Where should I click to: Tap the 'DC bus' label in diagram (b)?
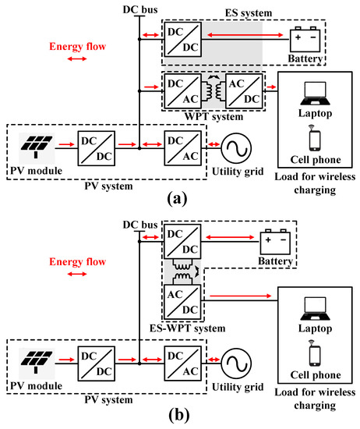137,225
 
